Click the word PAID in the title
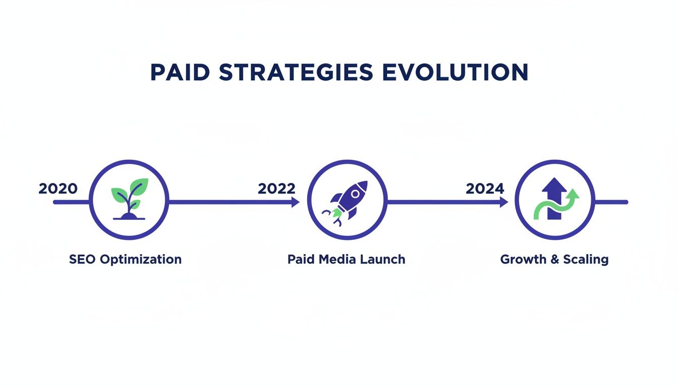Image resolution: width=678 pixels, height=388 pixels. point(180,73)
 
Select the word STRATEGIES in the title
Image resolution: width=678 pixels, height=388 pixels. point(296,73)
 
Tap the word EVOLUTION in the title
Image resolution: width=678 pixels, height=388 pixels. point(455,73)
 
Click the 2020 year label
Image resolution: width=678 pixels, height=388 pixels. point(58,189)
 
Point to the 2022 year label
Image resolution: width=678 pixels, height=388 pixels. point(276,189)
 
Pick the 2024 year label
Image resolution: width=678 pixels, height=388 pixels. point(485,189)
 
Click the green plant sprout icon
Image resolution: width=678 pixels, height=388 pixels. point(129,199)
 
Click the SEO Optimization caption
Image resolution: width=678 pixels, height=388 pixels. point(125,260)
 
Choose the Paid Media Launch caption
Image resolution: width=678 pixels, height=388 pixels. point(346,260)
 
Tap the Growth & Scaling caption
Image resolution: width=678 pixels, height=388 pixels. point(554,260)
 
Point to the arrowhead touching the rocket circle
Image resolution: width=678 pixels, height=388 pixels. point(295,202)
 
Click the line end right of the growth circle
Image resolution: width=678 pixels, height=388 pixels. point(626,202)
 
